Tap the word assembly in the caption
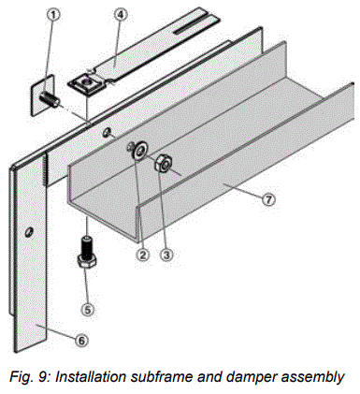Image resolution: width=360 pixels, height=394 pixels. point(308,376)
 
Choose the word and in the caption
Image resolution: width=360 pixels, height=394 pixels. point(211,376)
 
